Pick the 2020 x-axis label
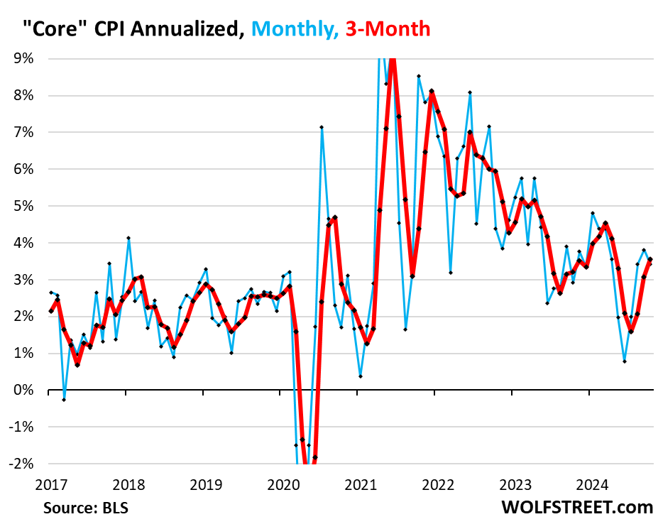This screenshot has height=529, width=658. click(x=283, y=485)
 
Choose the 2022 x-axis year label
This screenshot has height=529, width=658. click(x=438, y=485)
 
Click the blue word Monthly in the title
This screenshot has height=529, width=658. click(x=294, y=28)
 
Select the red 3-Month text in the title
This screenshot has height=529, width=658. click(x=387, y=28)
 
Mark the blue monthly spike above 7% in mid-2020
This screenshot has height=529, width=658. click(x=322, y=127)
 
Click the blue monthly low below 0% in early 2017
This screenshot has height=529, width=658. click(x=63, y=400)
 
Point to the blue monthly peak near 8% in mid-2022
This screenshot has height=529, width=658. click(x=470, y=92)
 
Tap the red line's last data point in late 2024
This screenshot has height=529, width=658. click(x=650, y=260)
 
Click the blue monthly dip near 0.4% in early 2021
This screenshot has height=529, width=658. click(x=361, y=376)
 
